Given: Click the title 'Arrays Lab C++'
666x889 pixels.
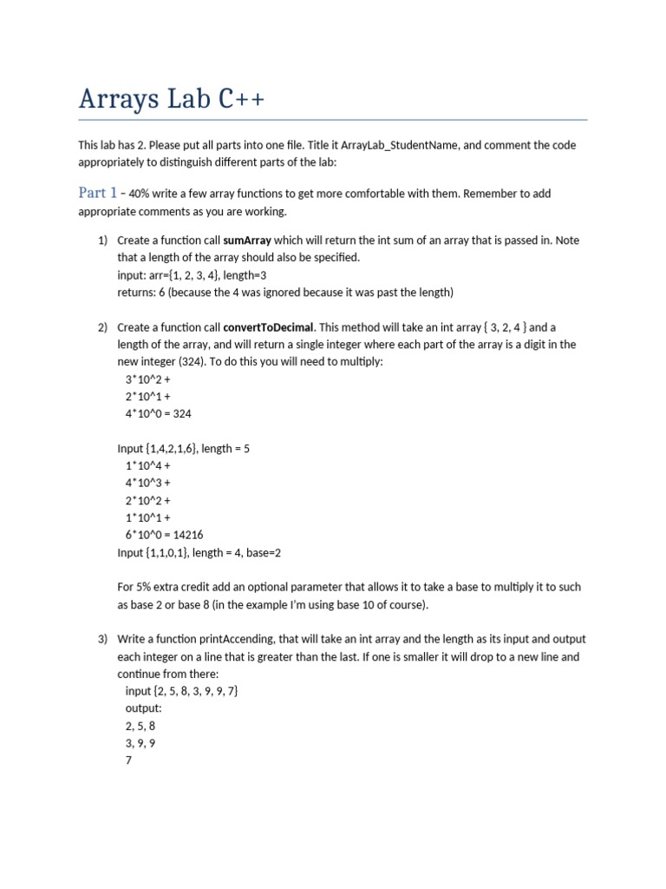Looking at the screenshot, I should pos(172,99).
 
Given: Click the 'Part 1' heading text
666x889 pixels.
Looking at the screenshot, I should pos(97,193).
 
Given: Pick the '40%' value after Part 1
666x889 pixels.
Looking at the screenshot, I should pos(140,194).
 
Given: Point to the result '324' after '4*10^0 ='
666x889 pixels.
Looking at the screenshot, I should pos(182,414).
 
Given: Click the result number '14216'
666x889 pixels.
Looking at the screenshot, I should pos(188,535).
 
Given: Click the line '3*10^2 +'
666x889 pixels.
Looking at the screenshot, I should pos(147,379).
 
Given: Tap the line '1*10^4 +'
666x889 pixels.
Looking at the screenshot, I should pos(147,466).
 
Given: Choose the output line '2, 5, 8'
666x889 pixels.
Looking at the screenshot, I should pos(140,726).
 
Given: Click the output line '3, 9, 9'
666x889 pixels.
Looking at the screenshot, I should pos(140,743).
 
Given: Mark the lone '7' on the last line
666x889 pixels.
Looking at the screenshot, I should pos(129,761).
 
